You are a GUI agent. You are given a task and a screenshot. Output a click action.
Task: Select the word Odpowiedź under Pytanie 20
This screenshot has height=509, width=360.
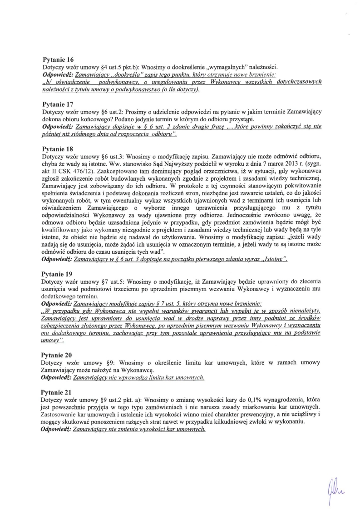click(x=56, y=377)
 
